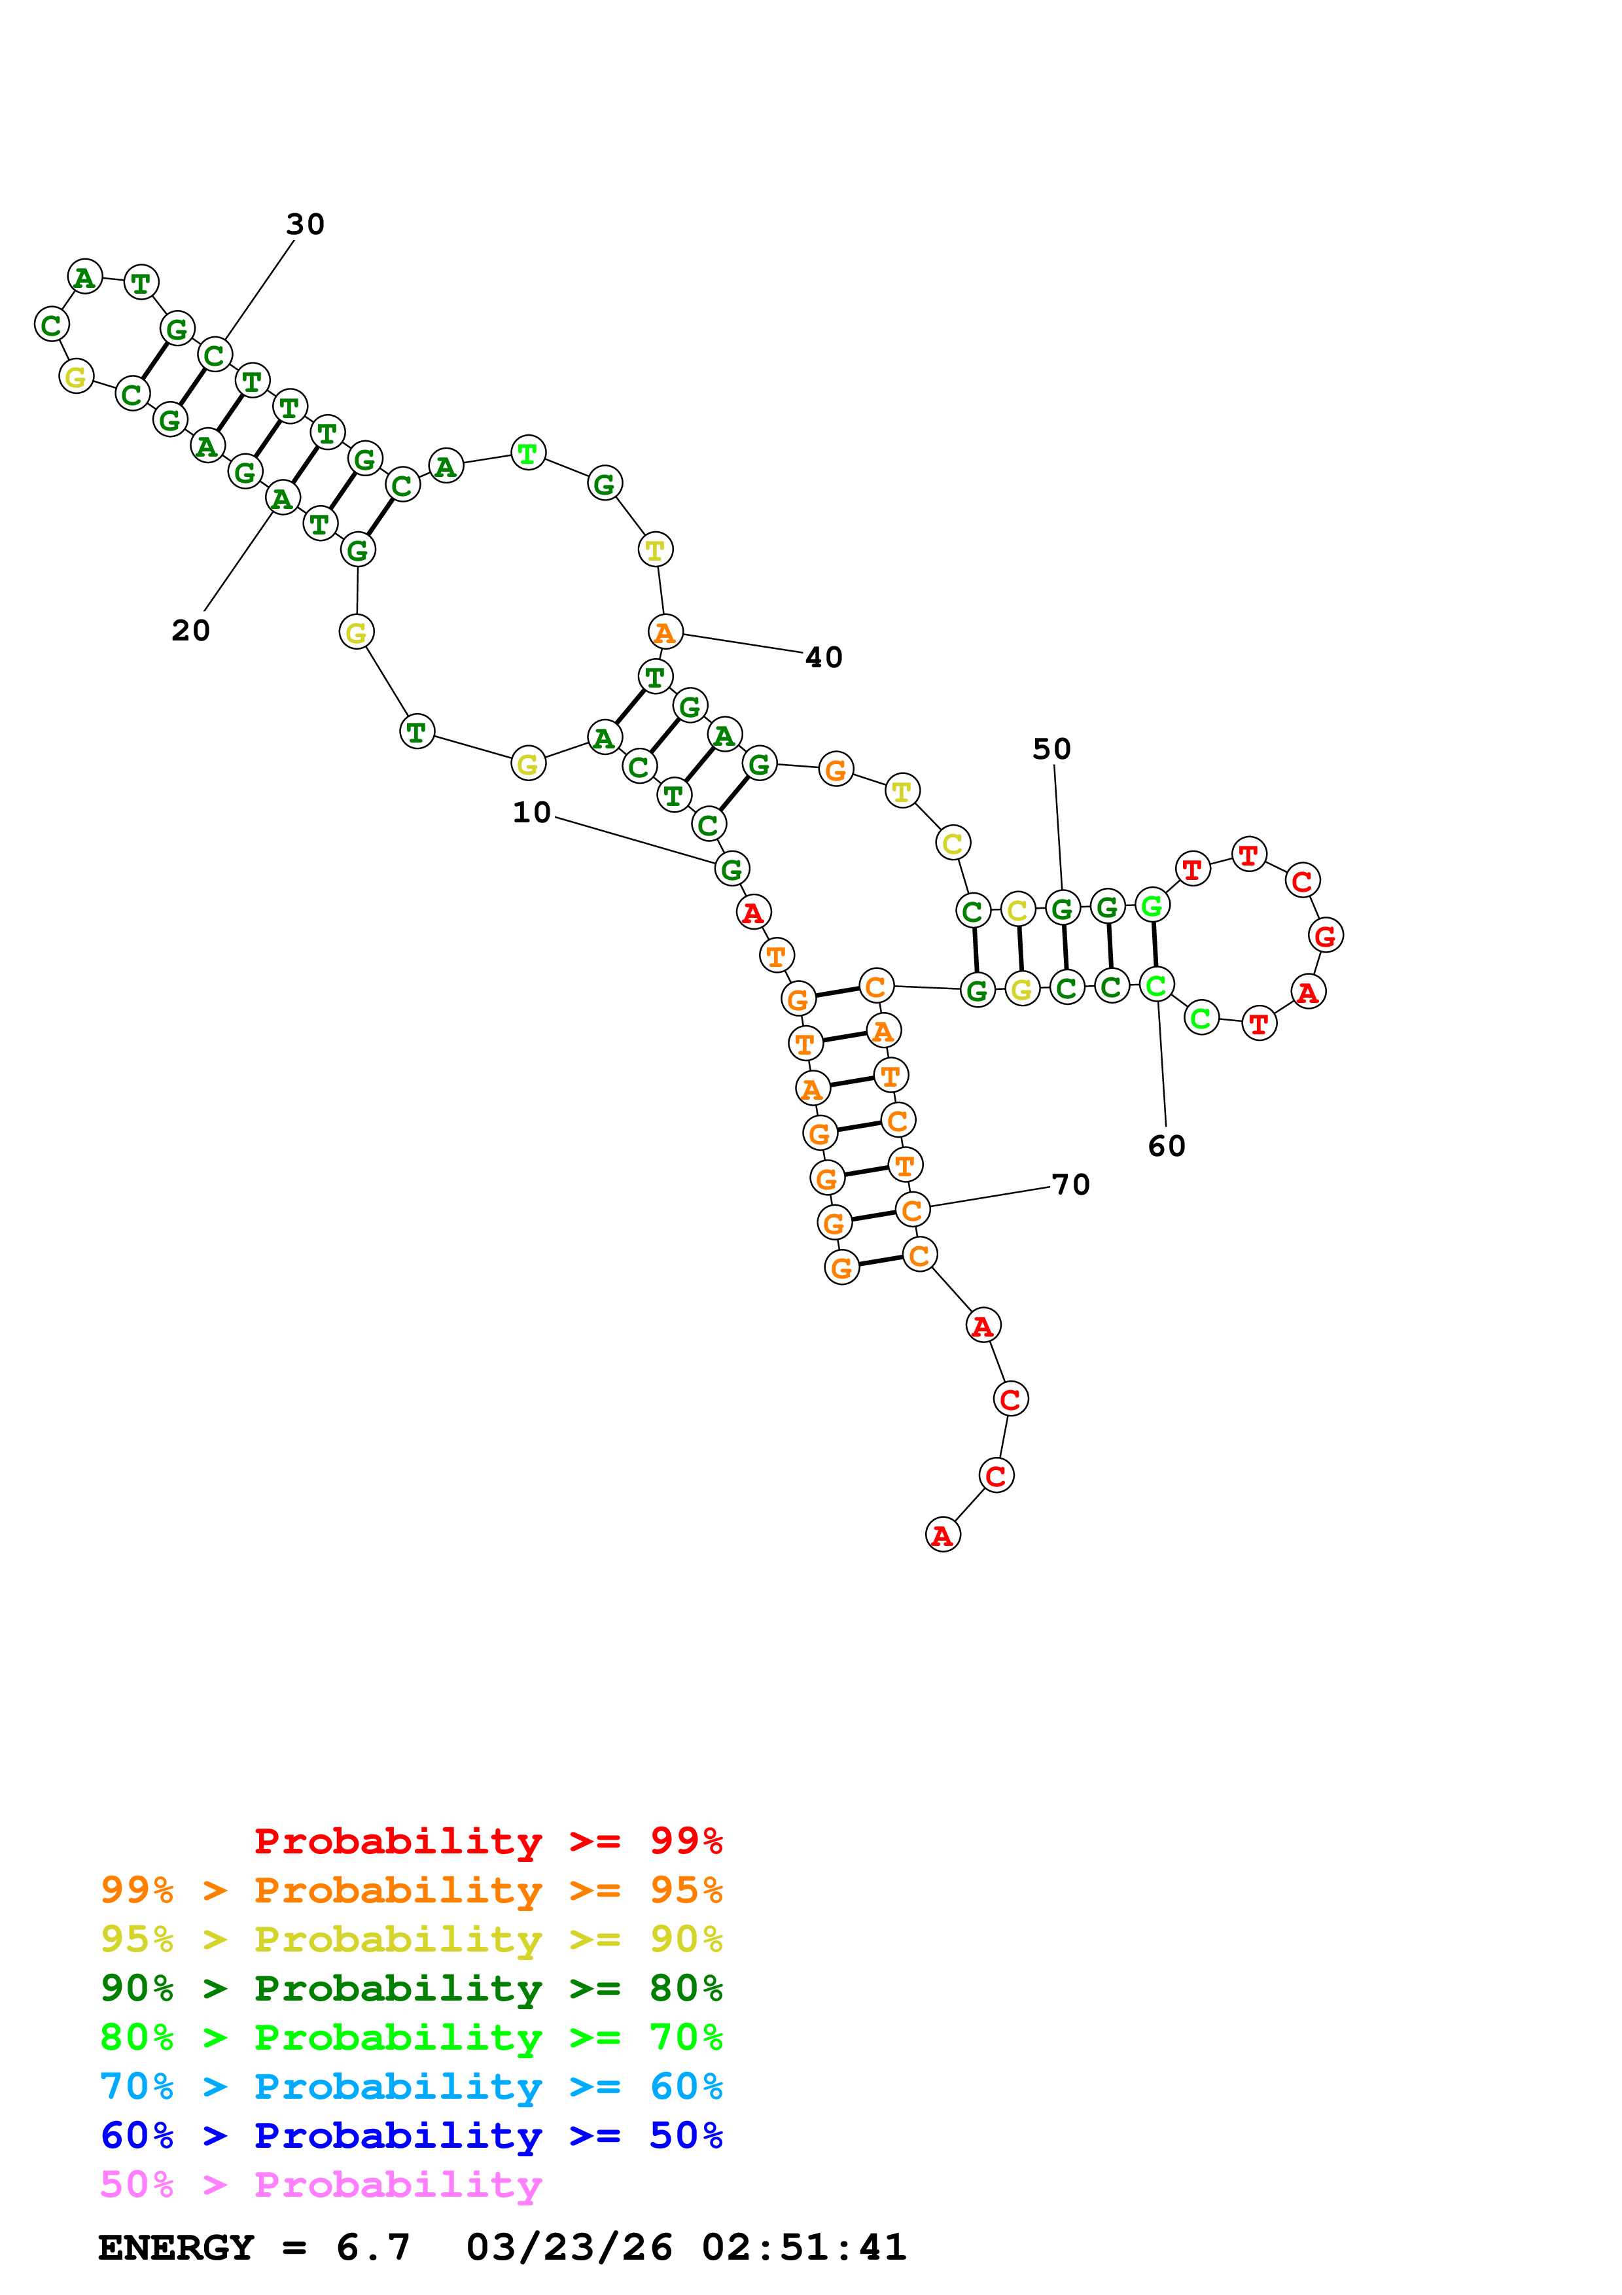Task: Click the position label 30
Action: (305, 224)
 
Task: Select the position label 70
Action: (1070, 1185)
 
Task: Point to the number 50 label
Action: (1051, 748)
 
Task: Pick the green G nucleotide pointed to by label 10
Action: (732, 869)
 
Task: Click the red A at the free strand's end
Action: (942, 1534)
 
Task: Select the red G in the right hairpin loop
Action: (1325, 936)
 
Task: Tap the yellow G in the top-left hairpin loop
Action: (76, 377)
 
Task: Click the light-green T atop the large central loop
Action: (527, 453)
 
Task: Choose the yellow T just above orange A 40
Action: (654, 549)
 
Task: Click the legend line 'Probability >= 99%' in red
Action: (487, 1841)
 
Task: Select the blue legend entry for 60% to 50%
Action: (411, 2135)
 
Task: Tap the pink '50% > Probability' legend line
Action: (321, 2184)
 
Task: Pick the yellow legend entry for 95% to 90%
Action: (411, 1939)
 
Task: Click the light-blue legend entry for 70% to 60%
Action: (411, 2086)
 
